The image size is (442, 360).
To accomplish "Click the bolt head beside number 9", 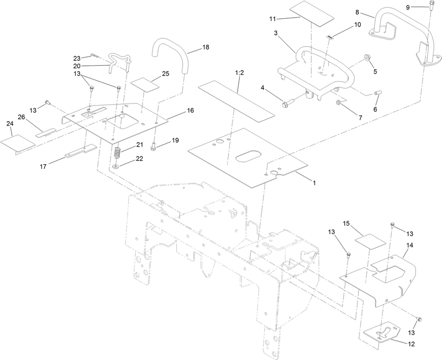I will click(x=428, y=7).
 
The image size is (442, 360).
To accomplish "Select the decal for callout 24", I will click(x=17, y=142).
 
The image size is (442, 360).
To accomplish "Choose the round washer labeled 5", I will click(x=366, y=59).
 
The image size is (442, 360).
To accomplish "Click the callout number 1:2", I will click(x=239, y=73).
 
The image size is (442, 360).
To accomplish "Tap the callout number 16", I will click(x=190, y=111).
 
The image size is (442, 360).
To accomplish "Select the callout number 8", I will click(x=357, y=12).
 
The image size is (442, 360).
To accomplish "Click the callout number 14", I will click(x=410, y=244).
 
